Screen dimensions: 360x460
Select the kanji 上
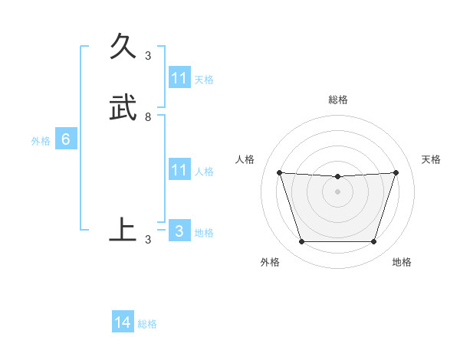[x=123, y=229]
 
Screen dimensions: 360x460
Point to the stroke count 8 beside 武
[x=148, y=117]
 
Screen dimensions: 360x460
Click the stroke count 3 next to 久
[x=148, y=56]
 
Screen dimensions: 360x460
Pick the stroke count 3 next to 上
[x=148, y=240]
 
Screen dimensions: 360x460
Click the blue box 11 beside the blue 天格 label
[x=179, y=78]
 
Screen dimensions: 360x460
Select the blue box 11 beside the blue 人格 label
[x=179, y=170]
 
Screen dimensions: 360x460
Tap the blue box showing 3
[x=179, y=231]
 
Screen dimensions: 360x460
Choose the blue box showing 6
[x=66, y=139]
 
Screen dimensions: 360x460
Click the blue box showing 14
[x=123, y=323]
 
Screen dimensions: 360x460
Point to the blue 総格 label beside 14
[x=147, y=324]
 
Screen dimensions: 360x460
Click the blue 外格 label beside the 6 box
[x=41, y=140]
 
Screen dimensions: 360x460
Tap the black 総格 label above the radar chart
[x=338, y=100]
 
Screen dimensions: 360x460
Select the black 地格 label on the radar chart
[x=402, y=262]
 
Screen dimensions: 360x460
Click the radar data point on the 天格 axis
[x=396, y=173]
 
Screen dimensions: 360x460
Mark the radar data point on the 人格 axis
[x=279, y=173]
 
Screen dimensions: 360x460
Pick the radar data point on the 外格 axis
[x=301, y=242]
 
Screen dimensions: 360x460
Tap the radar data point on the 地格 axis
[x=373, y=242]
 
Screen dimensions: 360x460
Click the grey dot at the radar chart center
[x=337, y=191]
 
